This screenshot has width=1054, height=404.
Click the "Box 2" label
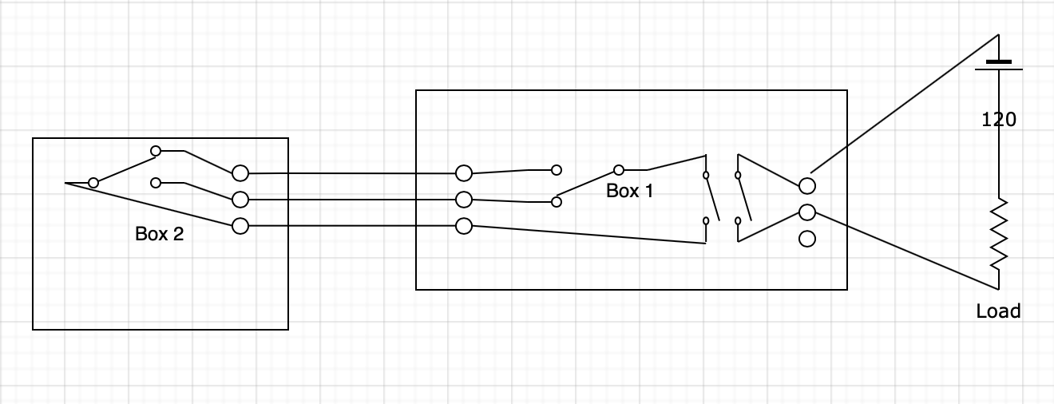coord(159,234)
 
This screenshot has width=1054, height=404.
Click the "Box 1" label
coord(630,191)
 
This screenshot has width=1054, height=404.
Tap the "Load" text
coord(998,311)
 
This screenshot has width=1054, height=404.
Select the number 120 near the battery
coord(998,120)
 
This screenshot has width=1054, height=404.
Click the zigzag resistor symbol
coord(998,235)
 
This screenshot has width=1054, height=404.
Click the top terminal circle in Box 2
coord(240,172)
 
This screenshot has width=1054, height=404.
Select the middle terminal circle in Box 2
coord(240,199)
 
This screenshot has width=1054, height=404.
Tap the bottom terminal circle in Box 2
coord(240,226)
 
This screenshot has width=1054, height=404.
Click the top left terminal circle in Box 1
coord(463,172)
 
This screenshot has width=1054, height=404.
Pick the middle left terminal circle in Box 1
coord(463,199)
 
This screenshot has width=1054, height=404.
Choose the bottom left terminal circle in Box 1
coord(463,226)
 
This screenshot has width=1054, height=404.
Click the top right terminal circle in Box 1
coord(806,186)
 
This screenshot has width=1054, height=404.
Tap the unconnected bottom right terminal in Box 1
coord(806,238)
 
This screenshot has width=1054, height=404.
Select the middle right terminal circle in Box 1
coord(806,212)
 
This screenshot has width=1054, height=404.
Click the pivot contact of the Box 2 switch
coord(93,183)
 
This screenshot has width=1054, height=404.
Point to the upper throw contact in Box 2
coord(156,150)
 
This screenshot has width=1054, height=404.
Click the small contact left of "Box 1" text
coord(557,202)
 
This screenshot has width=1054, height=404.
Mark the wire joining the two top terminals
coord(351,172)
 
